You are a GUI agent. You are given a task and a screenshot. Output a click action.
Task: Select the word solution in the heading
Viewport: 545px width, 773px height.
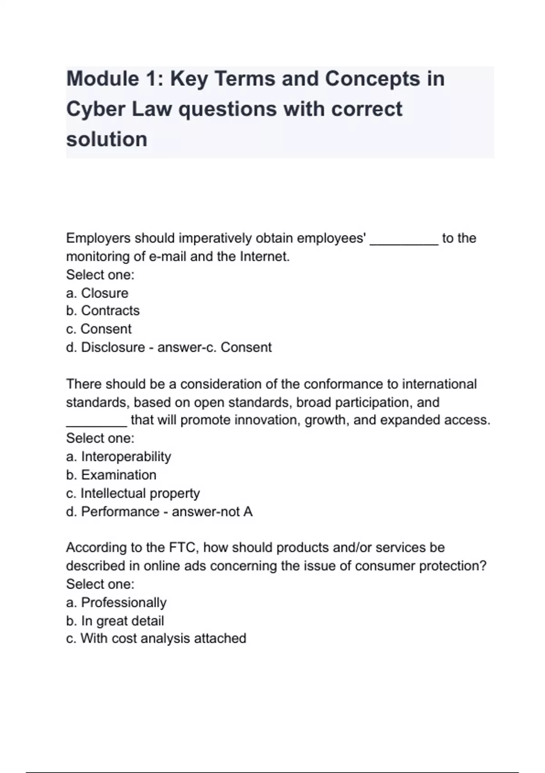[107, 139]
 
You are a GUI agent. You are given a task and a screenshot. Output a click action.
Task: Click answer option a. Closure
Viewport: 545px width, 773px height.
[97, 293]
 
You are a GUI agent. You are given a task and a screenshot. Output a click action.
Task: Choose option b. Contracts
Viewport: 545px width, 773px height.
[103, 311]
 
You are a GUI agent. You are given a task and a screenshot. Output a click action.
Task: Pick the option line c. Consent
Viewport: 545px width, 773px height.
[99, 329]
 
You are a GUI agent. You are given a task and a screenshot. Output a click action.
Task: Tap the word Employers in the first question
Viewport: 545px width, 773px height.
[98, 238]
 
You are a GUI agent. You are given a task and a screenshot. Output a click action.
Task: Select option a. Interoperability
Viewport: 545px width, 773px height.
[119, 457]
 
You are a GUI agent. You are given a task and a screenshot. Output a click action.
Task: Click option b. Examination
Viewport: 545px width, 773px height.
[111, 475]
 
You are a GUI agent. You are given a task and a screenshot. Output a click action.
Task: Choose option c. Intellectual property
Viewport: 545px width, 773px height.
[133, 493]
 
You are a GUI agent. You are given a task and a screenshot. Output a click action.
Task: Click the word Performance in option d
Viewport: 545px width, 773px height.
[120, 512]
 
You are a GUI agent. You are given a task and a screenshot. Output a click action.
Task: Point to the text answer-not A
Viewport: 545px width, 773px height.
[212, 512]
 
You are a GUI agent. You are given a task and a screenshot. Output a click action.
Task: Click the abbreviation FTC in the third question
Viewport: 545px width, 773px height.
[182, 547]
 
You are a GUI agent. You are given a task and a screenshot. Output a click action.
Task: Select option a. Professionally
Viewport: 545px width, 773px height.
[116, 602]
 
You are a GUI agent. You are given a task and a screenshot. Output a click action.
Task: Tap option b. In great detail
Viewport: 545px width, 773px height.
[115, 621]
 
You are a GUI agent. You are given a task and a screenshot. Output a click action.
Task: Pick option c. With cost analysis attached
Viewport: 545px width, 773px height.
[156, 638]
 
